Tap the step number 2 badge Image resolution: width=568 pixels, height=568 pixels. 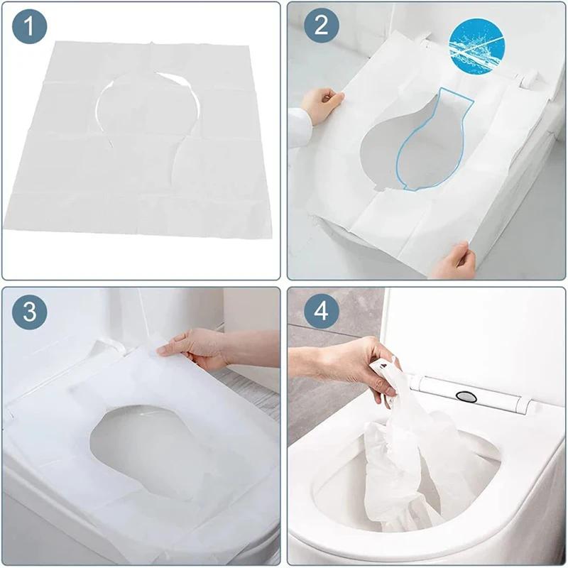pos(322,28)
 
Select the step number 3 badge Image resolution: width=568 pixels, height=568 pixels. pos(29,312)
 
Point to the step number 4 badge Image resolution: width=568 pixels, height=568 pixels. pos(322,312)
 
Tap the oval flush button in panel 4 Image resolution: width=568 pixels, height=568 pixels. pos(465,395)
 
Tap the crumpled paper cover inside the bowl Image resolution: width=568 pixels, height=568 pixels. pos(398,469)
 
